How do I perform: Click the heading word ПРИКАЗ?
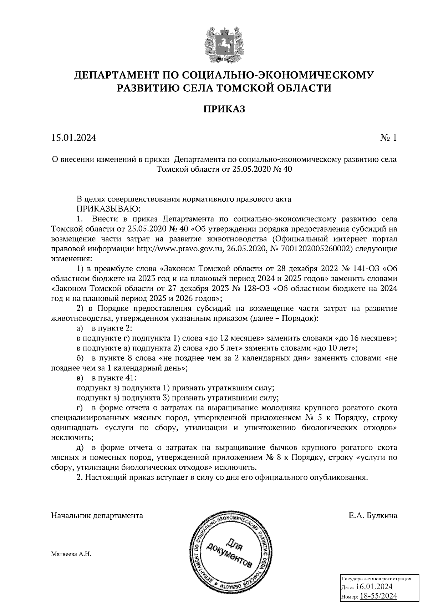tap(224, 109)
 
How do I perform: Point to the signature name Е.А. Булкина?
tap(373, 516)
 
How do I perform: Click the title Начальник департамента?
tap(97, 516)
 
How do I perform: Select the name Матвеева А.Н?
tap(71, 555)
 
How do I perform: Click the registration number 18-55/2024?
tap(378, 596)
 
